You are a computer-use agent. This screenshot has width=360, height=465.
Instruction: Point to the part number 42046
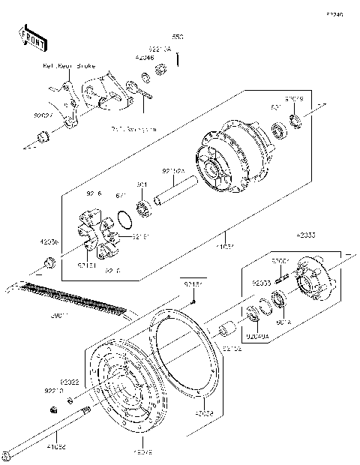pos(145,56)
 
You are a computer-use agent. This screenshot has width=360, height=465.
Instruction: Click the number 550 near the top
pos(178,36)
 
